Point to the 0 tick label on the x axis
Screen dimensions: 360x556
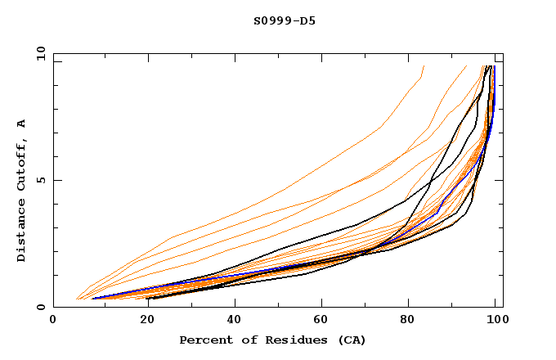(54, 320)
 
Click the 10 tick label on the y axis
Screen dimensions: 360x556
(39, 53)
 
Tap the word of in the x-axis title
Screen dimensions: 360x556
(242, 340)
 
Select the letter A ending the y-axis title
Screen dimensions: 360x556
(21, 124)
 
